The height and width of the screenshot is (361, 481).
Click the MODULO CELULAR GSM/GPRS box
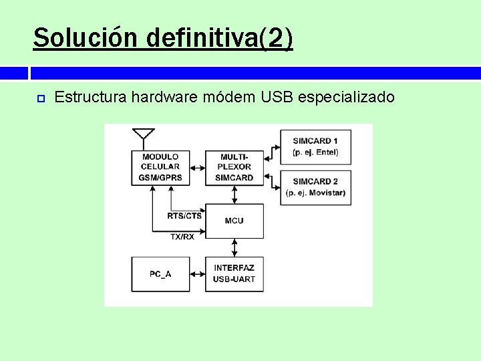[160, 167]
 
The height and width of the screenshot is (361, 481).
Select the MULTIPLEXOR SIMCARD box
[234, 167]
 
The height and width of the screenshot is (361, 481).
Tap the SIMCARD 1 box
[315, 146]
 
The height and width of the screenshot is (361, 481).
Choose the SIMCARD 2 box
[315, 187]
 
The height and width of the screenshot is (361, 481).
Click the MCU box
[234, 221]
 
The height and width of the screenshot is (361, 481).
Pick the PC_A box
[160, 273]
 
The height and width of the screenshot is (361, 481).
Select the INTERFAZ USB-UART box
[234, 273]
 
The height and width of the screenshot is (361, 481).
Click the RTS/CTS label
[185, 215]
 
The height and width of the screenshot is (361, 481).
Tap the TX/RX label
[182, 237]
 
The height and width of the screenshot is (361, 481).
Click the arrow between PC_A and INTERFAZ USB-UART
[197, 273]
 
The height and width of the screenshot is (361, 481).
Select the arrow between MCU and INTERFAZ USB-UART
[234, 247]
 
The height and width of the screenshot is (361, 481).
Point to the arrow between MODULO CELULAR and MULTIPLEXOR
[197, 167]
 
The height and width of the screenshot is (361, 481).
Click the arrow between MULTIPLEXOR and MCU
[234, 195]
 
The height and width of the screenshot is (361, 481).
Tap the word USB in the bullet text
[277, 98]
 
